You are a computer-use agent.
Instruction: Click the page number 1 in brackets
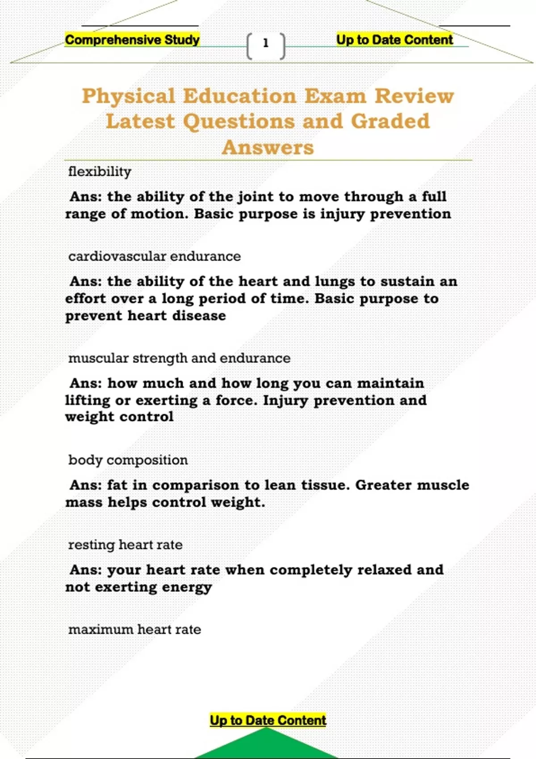point(266,44)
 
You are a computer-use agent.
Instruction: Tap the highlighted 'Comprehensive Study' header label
point(132,40)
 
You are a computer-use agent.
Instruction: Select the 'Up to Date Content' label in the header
point(394,40)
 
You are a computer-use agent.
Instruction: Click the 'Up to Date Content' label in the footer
point(268,720)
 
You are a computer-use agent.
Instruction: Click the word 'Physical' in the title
point(129,96)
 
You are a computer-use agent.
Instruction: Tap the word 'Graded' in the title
point(390,121)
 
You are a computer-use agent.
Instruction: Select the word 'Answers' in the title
point(268,147)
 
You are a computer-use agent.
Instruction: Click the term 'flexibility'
point(100,171)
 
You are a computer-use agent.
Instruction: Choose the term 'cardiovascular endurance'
point(155,256)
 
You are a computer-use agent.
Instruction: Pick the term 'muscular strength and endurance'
point(179,358)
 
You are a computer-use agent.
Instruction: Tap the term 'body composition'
point(128,460)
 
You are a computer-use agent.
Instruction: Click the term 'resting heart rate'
point(126,545)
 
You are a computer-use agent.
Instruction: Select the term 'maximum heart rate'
point(134,630)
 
